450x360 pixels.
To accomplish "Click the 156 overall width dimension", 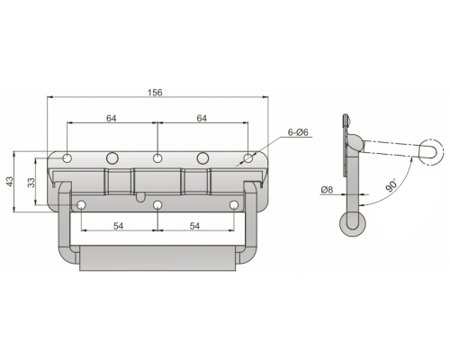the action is (155, 93).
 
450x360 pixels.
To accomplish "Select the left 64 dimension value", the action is (111, 118).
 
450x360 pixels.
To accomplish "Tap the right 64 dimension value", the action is (202, 118).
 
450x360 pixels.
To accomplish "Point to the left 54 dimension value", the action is (119, 226).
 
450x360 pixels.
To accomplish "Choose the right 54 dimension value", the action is (194, 226).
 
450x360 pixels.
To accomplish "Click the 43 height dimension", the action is (10, 181).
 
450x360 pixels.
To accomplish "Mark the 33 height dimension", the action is (31, 183).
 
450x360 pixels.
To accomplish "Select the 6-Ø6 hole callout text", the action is (298, 132).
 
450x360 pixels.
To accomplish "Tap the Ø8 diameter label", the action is (327, 190).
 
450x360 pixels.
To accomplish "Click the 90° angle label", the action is (391, 185).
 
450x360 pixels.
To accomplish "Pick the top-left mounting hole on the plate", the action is (67, 157).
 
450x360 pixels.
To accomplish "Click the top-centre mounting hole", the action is (157, 157).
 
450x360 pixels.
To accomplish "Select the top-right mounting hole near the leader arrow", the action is (247, 157).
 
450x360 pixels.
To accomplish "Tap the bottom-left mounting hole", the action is (81, 205).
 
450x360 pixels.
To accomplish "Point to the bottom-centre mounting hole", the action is (157, 205).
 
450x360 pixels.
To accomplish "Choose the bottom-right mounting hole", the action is (234, 205).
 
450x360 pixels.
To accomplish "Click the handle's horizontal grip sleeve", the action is (157, 258).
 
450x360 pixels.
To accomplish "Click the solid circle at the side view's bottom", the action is (353, 224).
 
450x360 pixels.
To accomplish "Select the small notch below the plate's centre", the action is (140, 197).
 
